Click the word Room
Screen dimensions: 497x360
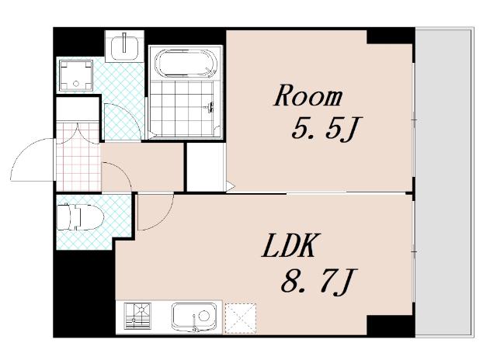(x=308, y=95)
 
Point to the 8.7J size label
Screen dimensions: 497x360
(x=319, y=281)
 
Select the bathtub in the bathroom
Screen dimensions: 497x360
(x=186, y=63)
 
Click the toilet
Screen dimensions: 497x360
(x=80, y=217)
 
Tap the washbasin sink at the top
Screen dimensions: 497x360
(x=124, y=46)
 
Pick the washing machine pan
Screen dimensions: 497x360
(x=76, y=75)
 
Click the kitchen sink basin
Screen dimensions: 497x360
(x=194, y=317)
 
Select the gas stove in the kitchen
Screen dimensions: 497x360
(x=137, y=316)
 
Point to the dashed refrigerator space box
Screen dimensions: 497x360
(x=240, y=318)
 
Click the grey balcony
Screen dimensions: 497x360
(x=443, y=182)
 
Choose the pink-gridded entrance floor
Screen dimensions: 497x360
(x=78, y=157)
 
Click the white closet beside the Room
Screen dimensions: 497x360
(x=205, y=167)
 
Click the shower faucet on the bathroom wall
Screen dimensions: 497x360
(x=210, y=107)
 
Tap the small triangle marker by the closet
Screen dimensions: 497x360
(x=230, y=186)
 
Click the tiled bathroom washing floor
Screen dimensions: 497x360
(x=181, y=108)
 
